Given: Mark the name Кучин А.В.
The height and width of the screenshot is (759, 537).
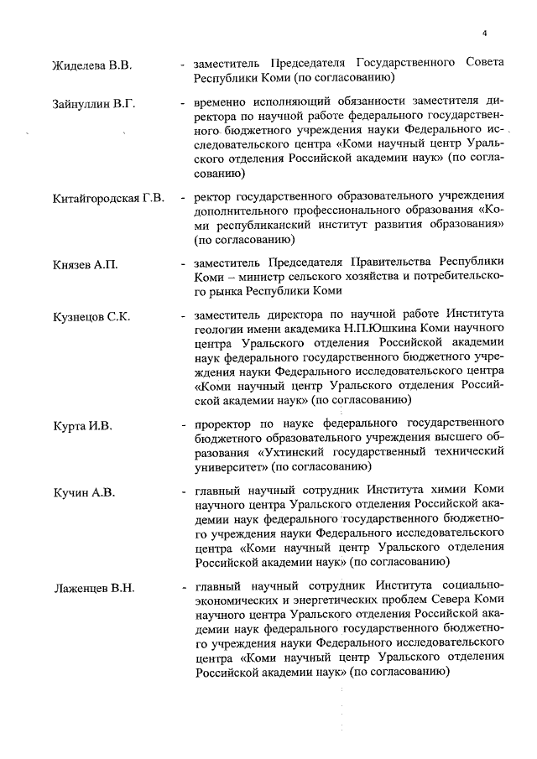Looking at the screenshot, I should click(x=83, y=492).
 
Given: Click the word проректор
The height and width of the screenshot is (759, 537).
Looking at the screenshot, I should click(x=225, y=425).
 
